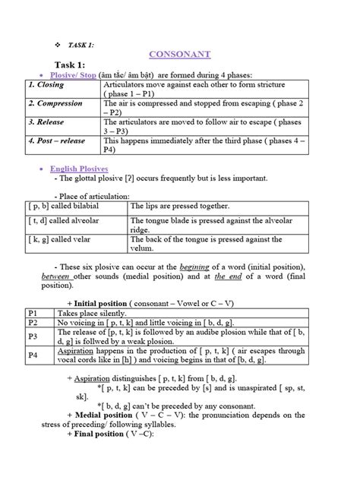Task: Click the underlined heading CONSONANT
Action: click(179, 55)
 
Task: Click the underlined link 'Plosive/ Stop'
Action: click(77, 75)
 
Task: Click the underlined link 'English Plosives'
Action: click(79, 168)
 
